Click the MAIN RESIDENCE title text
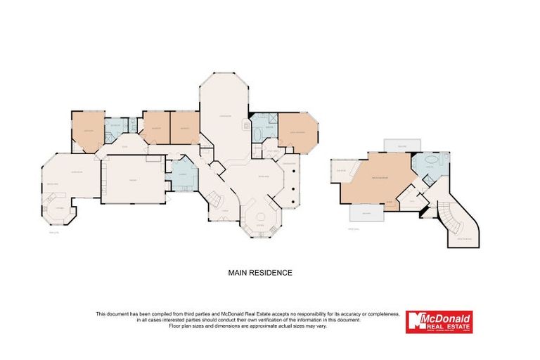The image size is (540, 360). pyautogui.click(x=259, y=272)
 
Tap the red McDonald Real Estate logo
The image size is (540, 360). pyautogui.click(x=439, y=321)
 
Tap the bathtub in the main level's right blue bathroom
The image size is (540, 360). pyautogui.click(x=256, y=135)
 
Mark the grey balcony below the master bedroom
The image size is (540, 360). pyautogui.click(x=367, y=212)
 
